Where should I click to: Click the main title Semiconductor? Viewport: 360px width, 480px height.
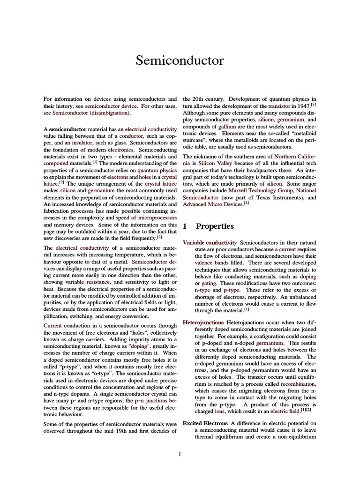(180, 60)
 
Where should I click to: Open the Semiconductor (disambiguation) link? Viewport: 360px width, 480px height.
(91, 113)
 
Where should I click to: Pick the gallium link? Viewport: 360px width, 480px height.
(224, 127)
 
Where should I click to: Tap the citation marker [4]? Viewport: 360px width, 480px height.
(247, 203)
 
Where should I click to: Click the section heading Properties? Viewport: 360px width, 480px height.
(215, 226)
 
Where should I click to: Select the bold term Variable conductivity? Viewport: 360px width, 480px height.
(210, 242)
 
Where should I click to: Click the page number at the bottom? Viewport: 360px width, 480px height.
(180, 453)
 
